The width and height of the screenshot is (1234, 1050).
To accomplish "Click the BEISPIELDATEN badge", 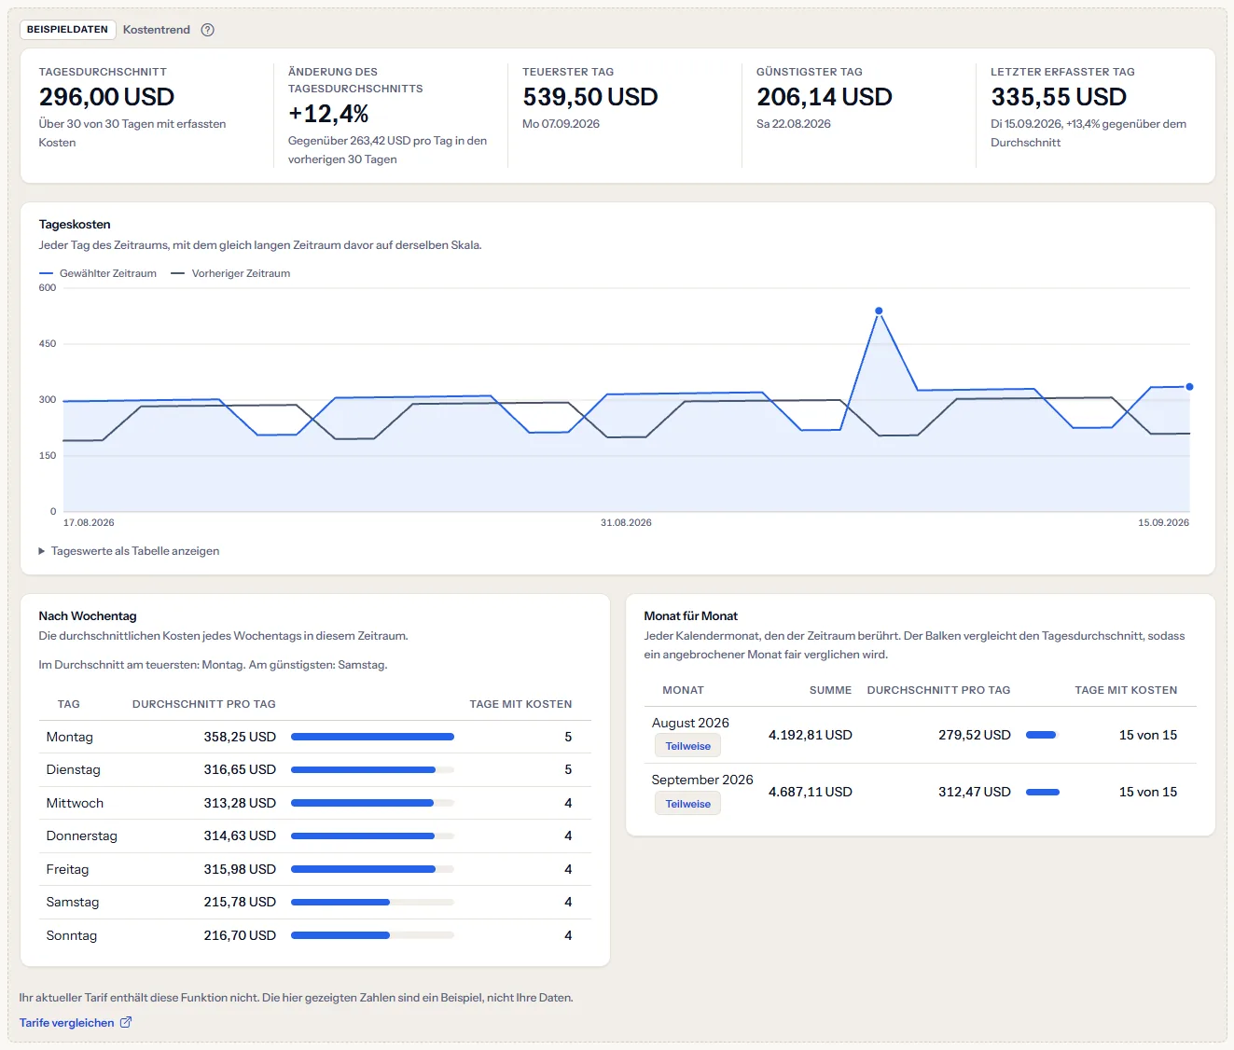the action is point(67,29).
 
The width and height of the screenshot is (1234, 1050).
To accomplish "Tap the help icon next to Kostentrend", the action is point(207,30).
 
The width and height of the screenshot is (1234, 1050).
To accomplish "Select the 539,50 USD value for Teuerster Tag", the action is point(589,97).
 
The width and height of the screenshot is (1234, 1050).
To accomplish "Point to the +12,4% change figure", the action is point(328,114).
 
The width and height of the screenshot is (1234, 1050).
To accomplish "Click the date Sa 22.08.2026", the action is point(794,124).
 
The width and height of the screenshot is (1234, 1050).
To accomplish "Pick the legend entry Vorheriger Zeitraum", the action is point(230,273).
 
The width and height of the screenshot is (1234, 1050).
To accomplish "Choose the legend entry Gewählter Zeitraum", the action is point(98,273).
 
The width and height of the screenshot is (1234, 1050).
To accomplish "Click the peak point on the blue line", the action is point(879,311).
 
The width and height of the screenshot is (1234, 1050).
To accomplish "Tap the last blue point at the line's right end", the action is point(1189,387).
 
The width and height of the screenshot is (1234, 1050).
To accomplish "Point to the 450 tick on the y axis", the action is point(48,344).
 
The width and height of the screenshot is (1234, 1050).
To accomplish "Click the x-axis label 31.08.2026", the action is point(626,522).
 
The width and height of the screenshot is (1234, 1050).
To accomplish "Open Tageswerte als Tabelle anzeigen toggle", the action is point(129,551).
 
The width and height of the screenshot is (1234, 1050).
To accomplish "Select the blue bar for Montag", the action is point(372,737).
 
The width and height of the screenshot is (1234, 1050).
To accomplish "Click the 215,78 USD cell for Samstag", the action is point(240,902).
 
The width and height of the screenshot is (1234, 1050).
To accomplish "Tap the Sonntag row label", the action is point(72,935).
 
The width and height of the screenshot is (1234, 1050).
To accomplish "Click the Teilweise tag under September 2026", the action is point(687,804).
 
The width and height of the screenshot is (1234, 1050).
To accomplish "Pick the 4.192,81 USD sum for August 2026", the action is point(811,735).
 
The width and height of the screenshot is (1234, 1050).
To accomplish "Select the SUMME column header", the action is point(830,690).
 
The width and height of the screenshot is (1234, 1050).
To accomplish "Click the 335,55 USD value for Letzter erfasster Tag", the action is point(1059,97).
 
